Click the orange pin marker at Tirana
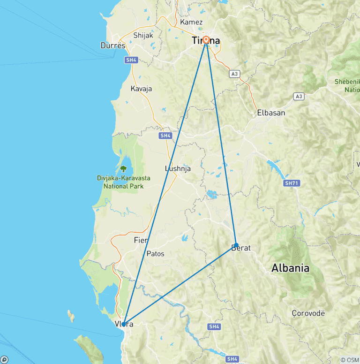[206, 40]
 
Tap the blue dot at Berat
[236, 245]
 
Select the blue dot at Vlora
[123, 324]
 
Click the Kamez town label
[191, 22]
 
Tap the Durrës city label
[113, 45]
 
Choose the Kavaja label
[141, 89]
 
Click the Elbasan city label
[271, 113]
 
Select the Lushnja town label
[178, 169]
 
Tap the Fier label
[141, 240]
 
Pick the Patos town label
[156, 254]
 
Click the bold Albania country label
[291, 268]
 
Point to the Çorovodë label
[308, 313]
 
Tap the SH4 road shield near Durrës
[131, 60]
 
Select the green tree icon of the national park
[124, 168]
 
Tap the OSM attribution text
[350, 360]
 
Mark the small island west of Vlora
[71, 316]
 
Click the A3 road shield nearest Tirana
[235, 74]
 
